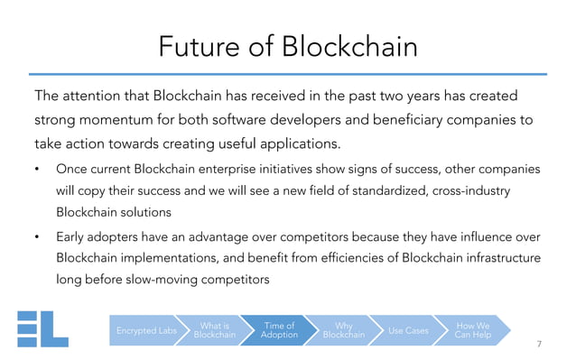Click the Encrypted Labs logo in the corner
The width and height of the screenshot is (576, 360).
42,328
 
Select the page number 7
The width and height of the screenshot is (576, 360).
539,344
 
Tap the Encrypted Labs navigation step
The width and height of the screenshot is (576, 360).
146,331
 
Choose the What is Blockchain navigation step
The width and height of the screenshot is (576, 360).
214,331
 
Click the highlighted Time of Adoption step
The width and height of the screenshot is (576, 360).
279,331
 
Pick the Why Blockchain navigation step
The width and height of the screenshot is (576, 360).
344,331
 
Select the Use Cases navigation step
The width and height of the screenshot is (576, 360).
408,331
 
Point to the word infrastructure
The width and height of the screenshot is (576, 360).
496,259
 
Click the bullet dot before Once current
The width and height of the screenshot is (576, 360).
37,170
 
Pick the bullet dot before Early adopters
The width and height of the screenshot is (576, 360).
37,238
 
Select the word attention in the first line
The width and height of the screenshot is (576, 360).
98,96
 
